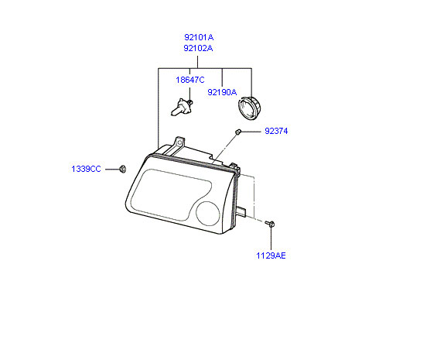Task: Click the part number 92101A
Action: [x=199, y=37]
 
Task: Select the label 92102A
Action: [x=198, y=48]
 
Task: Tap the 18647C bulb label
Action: [x=190, y=80]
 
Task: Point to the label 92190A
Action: [x=222, y=92]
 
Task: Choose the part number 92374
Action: [x=276, y=131]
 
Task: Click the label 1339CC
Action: [x=86, y=169]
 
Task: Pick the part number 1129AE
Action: [x=271, y=255]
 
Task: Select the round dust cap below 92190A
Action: [x=250, y=108]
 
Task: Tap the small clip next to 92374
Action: [x=237, y=132]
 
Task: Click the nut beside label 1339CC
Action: [x=122, y=169]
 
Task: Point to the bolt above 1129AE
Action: [x=271, y=223]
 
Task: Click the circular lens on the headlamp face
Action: [x=208, y=213]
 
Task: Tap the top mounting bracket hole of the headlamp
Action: [x=179, y=142]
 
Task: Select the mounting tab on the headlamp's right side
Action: [x=241, y=211]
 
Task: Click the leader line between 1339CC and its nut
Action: [x=112, y=169]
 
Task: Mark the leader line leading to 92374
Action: [x=251, y=131]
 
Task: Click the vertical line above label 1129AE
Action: [x=271, y=238]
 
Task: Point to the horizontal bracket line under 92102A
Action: [x=205, y=68]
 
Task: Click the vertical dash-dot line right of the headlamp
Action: [x=254, y=197]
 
